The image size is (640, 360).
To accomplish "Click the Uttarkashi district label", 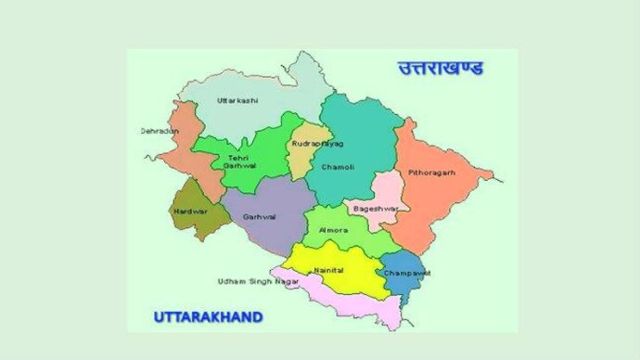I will tap(237, 100).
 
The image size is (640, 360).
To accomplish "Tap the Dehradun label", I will tap(159, 132).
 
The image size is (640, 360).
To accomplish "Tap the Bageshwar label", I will tap(375, 210).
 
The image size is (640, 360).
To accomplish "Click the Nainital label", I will tap(329, 270).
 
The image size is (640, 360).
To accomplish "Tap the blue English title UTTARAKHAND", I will tap(208, 317).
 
